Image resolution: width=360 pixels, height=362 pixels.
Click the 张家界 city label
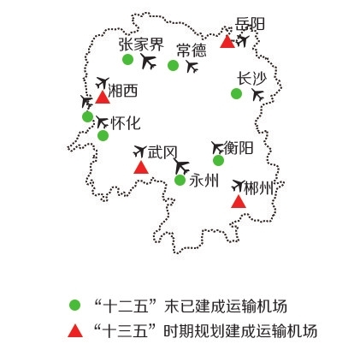point(141,45)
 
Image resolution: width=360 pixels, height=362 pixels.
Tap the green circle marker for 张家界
point(127,59)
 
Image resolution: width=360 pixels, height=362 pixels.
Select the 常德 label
point(192,50)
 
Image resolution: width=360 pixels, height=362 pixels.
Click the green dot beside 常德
point(173,65)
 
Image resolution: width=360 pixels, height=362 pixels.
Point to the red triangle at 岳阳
point(227,41)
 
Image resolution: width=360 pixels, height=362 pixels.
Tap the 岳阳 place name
point(250,24)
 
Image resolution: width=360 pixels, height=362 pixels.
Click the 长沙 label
point(252,79)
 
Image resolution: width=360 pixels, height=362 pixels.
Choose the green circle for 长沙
point(236,93)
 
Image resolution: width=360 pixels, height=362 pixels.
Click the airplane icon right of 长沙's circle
point(257,94)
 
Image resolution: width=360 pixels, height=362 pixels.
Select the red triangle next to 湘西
point(103,98)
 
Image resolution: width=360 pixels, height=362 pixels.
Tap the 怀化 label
point(126,123)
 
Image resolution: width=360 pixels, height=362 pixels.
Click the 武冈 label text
point(162,152)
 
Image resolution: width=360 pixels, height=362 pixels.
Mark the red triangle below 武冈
point(141,167)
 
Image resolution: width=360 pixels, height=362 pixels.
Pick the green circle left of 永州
point(180,180)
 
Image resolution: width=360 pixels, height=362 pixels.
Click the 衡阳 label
point(239,148)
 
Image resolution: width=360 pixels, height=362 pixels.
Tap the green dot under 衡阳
point(218,160)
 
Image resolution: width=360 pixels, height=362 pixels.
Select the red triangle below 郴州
point(239,202)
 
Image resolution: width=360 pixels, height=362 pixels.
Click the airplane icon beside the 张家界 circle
point(149,62)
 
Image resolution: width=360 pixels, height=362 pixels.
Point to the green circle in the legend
point(75,305)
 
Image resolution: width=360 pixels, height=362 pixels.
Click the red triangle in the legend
point(75,331)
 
